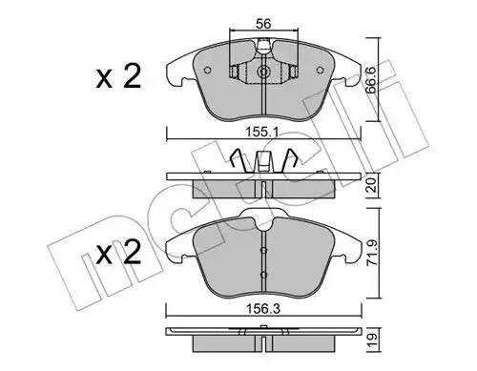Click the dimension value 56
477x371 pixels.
click(263, 24)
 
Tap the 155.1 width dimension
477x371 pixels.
click(263, 132)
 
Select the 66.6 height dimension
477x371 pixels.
click(371, 79)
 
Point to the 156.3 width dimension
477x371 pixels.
click(263, 308)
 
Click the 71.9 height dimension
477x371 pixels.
click(372, 253)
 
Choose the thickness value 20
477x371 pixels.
click(372, 185)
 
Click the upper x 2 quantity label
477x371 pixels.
click(118, 77)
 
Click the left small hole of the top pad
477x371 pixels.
click(207, 70)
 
